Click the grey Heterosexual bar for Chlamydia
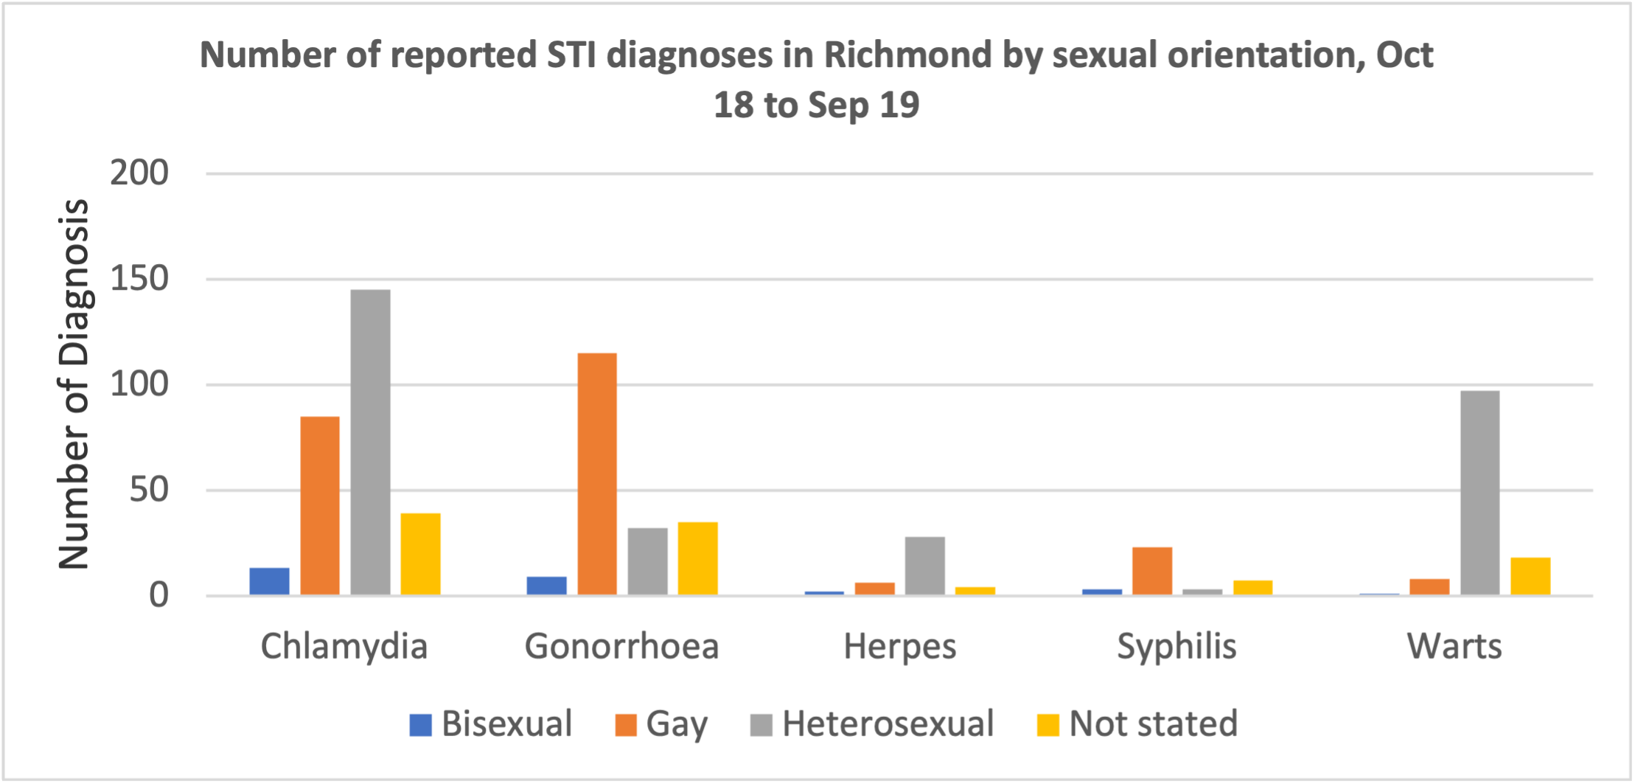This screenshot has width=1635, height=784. point(370,443)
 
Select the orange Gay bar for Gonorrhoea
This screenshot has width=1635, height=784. point(597,474)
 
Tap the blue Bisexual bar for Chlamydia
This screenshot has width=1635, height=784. point(269,581)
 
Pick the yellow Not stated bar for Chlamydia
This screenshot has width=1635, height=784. point(420,554)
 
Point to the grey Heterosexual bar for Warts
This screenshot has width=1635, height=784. point(1479,493)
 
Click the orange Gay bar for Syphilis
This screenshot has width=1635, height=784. point(1152,571)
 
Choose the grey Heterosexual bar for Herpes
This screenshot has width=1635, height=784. point(924,566)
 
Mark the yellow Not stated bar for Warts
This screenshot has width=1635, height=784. point(1530,576)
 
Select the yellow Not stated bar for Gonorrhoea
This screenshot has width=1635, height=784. point(697,558)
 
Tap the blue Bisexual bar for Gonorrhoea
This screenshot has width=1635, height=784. point(547,586)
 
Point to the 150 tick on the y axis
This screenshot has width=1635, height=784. point(139,280)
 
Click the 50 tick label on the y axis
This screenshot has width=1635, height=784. point(149,490)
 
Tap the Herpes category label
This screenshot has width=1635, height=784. point(899,647)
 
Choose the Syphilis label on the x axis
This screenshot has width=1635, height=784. point(1176,647)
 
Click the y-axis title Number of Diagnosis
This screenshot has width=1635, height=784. point(74,384)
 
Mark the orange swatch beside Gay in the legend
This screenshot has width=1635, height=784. point(626,725)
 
